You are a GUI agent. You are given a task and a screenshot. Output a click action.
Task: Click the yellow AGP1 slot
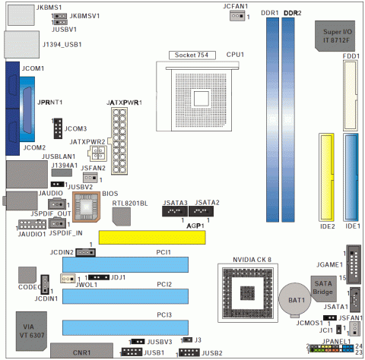(152, 237)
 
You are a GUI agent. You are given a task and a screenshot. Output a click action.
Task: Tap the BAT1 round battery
(295, 299)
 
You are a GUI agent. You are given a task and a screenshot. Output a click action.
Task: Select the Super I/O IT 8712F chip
(335, 36)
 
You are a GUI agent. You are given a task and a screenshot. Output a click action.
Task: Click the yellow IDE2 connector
(326, 177)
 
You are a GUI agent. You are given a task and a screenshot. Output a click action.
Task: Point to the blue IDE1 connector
(351, 177)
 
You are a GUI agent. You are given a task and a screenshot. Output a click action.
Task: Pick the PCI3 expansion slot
(125, 327)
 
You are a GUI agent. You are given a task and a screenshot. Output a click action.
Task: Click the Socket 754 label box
(192, 55)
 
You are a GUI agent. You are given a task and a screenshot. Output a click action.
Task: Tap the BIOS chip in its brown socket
(86, 207)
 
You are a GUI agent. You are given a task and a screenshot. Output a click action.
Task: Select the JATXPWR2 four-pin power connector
(97, 153)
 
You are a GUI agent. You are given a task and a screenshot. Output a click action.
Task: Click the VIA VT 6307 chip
(31, 331)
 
